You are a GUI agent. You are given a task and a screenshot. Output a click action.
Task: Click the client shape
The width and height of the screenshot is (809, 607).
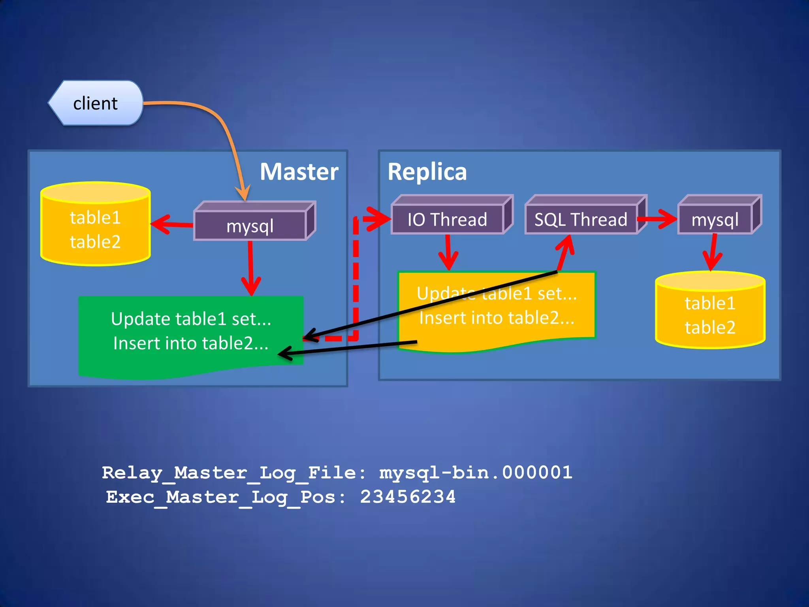pos(96,103)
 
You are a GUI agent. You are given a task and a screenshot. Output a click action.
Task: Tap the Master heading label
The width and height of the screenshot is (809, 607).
pos(299,172)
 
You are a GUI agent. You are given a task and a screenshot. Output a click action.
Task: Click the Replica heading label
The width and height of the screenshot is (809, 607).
pos(427,172)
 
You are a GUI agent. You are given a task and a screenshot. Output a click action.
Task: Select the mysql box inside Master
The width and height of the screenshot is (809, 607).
pos(250,226)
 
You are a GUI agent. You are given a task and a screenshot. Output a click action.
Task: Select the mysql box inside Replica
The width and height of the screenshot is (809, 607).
pos(715,219)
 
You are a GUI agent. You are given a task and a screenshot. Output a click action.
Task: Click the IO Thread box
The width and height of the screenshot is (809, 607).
pos(447,219)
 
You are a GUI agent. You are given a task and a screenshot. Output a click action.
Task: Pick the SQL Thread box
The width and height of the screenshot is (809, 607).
pos(581,219)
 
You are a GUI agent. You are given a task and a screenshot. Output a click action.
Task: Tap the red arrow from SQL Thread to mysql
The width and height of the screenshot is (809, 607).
pos(658,219)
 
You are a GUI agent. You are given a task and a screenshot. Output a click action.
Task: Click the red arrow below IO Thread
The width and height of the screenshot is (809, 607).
pos(448,253)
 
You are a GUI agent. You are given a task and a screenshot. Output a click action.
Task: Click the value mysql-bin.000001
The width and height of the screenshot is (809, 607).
pos(476,473)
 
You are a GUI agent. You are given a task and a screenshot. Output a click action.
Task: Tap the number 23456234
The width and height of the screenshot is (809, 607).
pos(408,497)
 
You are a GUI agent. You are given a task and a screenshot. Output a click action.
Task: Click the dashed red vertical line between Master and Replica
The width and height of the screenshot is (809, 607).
pos(356,277)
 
